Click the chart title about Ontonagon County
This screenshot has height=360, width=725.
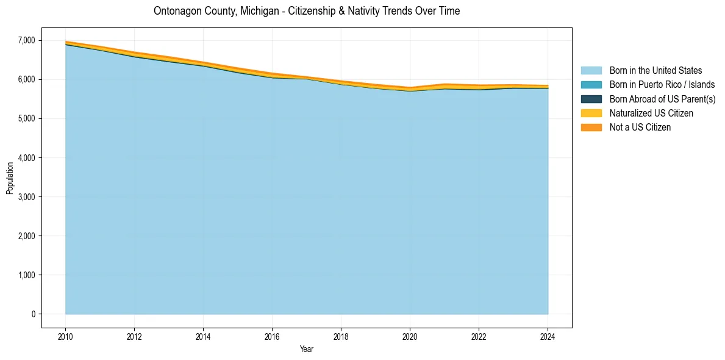tap(307, 11)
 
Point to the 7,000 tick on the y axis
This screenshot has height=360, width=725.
tap(26, 40)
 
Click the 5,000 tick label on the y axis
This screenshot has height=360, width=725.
tap(26, 118)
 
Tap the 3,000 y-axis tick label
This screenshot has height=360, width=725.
tap(26, 197)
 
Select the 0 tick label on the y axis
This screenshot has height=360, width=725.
tap(34, 314)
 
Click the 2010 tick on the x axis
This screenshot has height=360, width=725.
tap(65, 336)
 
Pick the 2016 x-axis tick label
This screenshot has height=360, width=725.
tap(272, 336)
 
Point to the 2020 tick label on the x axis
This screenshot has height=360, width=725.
tap(410, 336)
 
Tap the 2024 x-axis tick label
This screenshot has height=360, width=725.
tap(548, 336)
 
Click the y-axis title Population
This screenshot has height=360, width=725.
tap(10, 178)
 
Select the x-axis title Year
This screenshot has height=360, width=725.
tap(307, 349)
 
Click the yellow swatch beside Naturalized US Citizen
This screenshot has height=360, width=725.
tap(591, 113)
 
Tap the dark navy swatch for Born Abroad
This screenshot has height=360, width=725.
tap(591, 99)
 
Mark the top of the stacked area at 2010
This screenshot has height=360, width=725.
tap(65, 41)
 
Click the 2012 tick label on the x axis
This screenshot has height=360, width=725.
tap(134, 336)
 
